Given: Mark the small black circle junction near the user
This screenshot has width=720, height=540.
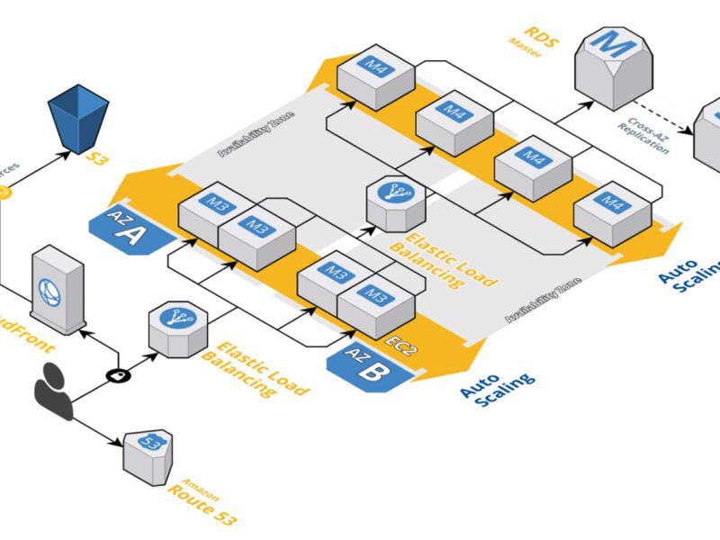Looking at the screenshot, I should click(x=115, y=373).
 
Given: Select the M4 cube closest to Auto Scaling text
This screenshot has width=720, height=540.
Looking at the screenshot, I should click(x=613, y=209).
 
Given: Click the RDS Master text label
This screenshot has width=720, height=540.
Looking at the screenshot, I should click(x=521, y=40).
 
